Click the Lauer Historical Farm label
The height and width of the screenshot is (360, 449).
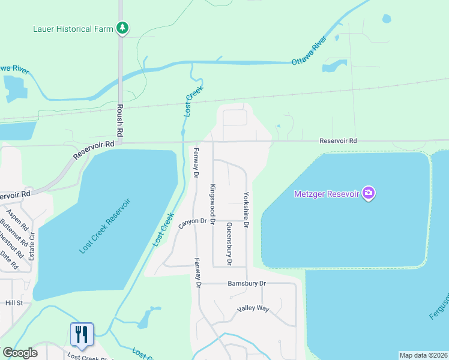(x=71, y=29)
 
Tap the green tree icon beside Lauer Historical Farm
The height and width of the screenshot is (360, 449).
(x=122, y=28)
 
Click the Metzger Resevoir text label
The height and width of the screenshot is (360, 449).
(x=326, y=194)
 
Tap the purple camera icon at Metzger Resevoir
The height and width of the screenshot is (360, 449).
(x=369, y=193)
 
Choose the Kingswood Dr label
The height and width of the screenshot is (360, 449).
(x=212, y=200)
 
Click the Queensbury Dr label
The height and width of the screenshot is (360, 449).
(x=229, y=244)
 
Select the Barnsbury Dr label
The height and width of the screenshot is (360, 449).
(x=246, y=283)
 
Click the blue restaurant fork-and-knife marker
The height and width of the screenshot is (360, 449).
(x=80, y=334)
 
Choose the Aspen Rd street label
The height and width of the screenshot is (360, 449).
(x=16, y=220)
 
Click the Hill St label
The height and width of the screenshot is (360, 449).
(x=14, y=303)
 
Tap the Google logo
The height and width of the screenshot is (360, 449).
(x=20, y=353)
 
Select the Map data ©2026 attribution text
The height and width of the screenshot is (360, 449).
(x=423, y=355)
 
